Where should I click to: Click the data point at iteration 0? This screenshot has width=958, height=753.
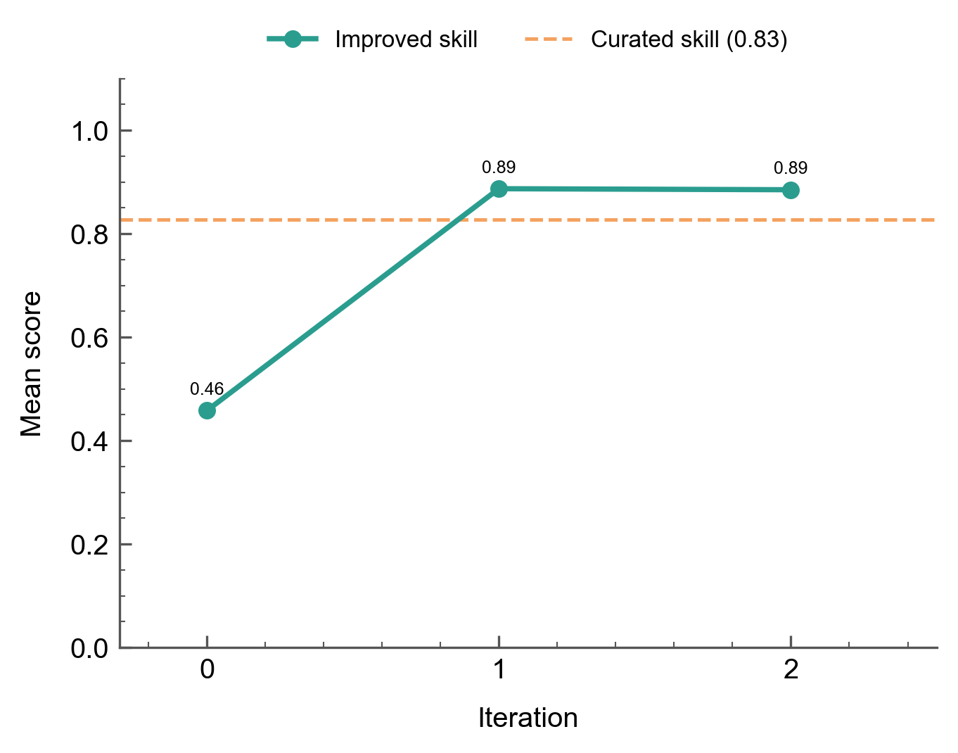point(207,410)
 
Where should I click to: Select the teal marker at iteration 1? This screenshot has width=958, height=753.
point(499,189)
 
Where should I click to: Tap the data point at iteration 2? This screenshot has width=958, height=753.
point(791,190)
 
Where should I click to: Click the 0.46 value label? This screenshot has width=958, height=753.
point(207,389)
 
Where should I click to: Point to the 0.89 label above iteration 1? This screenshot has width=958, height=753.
point(499,167)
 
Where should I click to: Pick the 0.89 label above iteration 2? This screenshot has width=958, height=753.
point(791,168)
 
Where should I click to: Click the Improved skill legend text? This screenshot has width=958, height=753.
point(406,40)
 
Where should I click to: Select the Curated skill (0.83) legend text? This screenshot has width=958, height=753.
point(689,40)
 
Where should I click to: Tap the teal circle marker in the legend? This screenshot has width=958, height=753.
point(293,40)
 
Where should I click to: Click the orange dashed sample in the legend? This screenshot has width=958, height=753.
point(549,40)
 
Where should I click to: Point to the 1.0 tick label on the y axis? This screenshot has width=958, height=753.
point(90,131)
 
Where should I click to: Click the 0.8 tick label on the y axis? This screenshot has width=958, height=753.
point(90,234)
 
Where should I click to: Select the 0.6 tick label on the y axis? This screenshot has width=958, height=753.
point(90,338)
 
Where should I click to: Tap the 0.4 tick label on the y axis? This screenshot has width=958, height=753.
point(90,441)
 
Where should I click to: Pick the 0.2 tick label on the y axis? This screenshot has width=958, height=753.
point(90,545)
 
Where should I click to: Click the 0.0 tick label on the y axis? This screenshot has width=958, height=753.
point(90,648)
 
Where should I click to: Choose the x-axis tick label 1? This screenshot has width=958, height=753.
point(499,670)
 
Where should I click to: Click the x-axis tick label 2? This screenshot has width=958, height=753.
point(791,670)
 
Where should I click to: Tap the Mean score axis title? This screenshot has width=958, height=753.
point(32,364)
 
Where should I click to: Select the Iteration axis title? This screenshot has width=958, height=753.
point(528,719)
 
